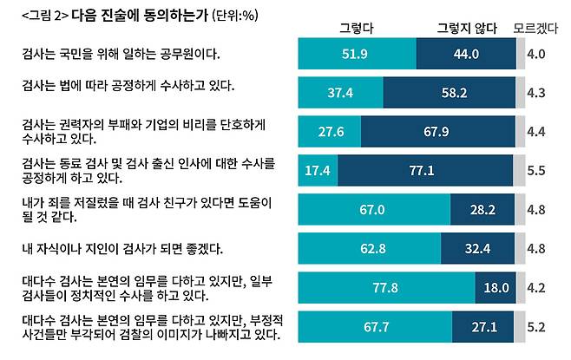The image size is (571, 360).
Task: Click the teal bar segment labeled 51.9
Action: pos(357,54)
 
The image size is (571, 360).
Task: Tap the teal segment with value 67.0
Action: pos(374,209)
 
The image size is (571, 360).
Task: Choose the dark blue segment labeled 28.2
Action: pos(482,209)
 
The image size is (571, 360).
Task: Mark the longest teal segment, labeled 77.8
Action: pos(386,288)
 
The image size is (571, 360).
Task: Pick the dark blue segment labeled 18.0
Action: pos(495,288)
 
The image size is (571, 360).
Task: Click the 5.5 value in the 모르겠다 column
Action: pos(535,171)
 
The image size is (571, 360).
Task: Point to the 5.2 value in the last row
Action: pos(535,327)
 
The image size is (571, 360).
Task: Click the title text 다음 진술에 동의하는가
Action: pos(128,16)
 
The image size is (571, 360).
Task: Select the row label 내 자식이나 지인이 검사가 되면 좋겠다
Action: pos(123,249)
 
